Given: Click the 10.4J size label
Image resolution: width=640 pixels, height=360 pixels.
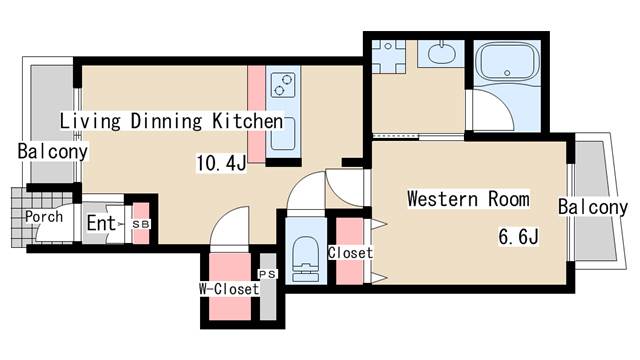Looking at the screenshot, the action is click(x=222, y=163).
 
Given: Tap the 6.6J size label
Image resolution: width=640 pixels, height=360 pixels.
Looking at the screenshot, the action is click(x=518, y=236).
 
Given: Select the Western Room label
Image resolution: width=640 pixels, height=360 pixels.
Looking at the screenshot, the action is click(x=469, y=199).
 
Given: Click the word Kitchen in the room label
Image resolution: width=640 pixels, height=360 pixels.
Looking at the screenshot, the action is click(x=248, y=121).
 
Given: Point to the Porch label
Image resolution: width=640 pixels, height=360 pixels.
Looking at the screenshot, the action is click(x=44, y=216).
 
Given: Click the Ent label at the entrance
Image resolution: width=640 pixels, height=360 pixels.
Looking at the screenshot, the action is click(x=102, y=223).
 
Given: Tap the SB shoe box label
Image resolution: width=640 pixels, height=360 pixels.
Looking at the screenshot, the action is click(x=141, y=224).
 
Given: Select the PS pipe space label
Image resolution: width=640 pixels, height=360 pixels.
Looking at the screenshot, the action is click(x=267, y=274).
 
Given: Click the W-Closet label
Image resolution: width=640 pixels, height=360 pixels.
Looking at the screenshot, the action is click(x=229, y=289).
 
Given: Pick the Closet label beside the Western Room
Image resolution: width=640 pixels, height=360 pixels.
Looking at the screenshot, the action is click(x=350, y=253).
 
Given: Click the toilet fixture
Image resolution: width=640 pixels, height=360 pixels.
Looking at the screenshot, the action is click(x=306, y=258).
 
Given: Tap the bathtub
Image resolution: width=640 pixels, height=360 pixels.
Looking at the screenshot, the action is click(x=507, y=62).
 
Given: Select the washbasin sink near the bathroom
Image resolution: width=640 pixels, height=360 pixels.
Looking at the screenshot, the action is click(x=441, y=54).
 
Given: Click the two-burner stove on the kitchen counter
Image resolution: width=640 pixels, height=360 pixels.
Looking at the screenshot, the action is click(x=283, y=85).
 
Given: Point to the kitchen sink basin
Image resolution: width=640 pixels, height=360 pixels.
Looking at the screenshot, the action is click(x=282, y=134).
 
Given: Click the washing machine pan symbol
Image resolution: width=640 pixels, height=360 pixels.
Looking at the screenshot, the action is click(x=389, y=57).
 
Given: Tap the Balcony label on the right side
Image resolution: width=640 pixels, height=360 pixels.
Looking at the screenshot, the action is click(x=593, y=207).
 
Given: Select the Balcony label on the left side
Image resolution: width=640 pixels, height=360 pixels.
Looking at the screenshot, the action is click(x=53, y=151).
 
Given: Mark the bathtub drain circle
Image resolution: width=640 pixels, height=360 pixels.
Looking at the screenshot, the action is click(x=507, y=73).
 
